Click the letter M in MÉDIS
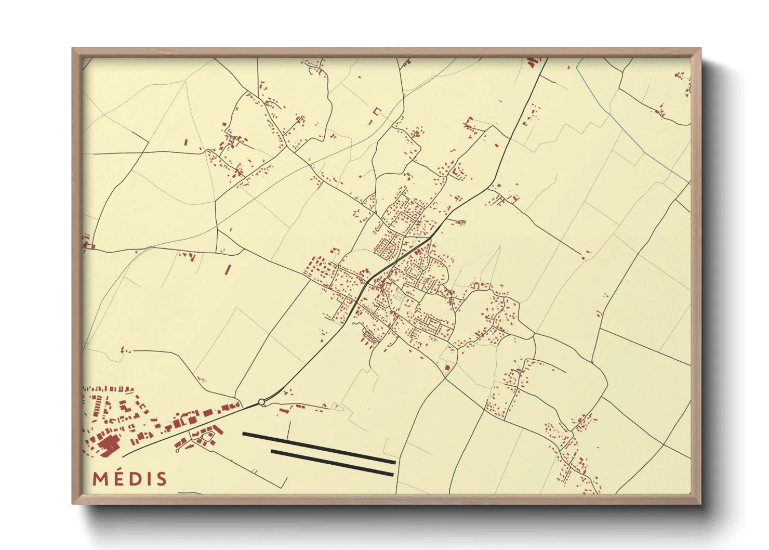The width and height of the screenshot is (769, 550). pos(101,479)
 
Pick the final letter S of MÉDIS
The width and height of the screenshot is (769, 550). pos(161,479)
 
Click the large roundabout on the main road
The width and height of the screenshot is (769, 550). pos(261,402)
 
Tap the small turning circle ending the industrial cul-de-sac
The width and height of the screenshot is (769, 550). pos(177,451)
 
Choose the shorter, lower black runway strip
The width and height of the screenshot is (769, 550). pos(332,463)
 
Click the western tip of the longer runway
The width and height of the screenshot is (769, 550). pos(244,434)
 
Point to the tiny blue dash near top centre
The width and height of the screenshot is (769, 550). pos(500,101)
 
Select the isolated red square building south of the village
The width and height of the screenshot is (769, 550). pos(447,368)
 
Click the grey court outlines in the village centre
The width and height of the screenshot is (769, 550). pos(399,296)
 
